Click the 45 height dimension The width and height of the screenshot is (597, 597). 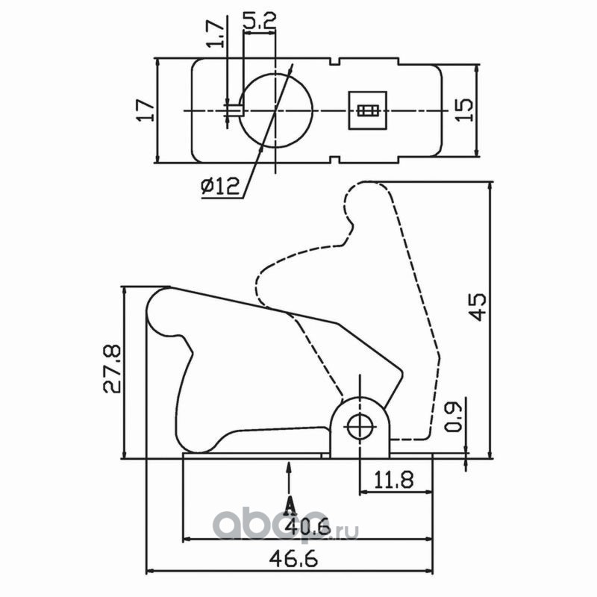(x=478, y=306)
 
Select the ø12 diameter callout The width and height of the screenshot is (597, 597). (x=220, y=187)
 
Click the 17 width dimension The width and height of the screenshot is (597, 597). (x=146, y=110)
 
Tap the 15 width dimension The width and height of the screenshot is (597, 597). (x=464, y=110)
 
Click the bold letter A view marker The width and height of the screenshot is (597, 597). (x=290, y=506)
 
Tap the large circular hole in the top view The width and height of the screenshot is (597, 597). (x=275, y=110)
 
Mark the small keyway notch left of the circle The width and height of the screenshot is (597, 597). (x=234, y=110)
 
